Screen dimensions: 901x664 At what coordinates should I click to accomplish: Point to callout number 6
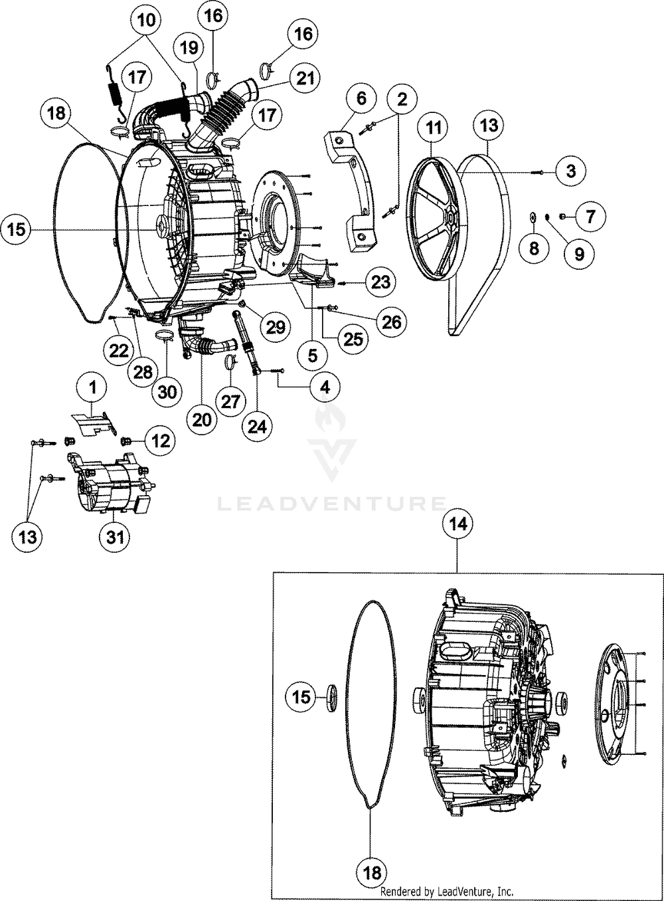(361, 99)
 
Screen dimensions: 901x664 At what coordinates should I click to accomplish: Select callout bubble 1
(94, 386)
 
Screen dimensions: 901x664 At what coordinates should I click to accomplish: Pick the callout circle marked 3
(570, 171)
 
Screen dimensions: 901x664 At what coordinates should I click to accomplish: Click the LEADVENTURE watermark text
(332, 503)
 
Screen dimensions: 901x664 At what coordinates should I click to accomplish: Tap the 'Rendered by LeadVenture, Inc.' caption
(446, 891)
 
